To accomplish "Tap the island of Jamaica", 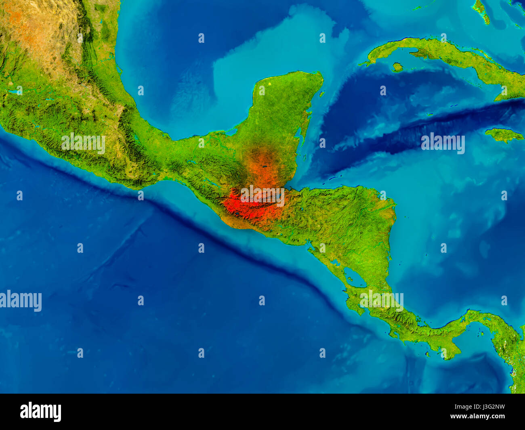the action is point(503,134).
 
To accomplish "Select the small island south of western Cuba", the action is point(397,67).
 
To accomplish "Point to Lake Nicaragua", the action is point(355,278).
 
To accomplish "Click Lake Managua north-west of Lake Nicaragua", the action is point(335,262).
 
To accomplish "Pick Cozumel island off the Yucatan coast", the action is point(321,94).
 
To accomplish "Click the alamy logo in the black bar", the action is point(40,411).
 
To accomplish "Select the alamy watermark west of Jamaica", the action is point(443,143).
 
